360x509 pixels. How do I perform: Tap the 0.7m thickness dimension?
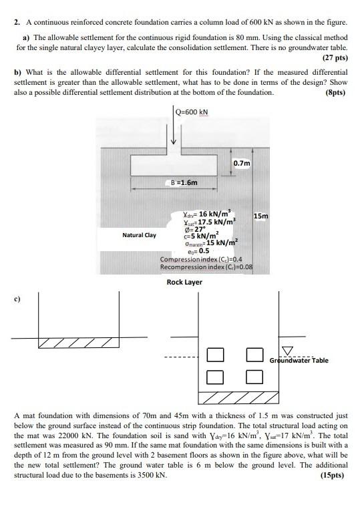click(242, 163)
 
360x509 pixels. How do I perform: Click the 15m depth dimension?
click(261, 216)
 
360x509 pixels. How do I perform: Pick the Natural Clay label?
click(139, 235)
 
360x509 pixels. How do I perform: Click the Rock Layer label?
click(184, 282)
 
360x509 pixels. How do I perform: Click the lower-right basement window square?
click(254, 377)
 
